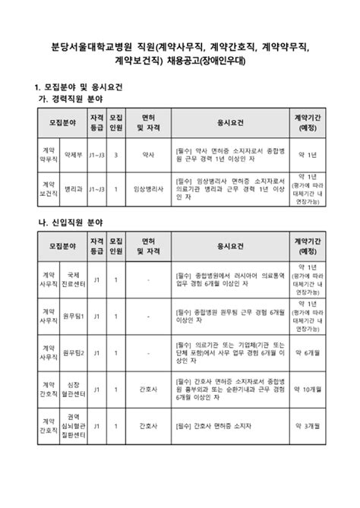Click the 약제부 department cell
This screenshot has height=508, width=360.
(x=73, y=154)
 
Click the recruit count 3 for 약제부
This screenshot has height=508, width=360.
(x=115, y=154)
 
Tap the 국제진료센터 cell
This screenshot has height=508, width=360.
(x=73, y=279)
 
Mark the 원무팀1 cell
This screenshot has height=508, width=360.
(x=73, y=315)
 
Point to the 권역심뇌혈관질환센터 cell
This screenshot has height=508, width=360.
(x=73, y=431)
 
